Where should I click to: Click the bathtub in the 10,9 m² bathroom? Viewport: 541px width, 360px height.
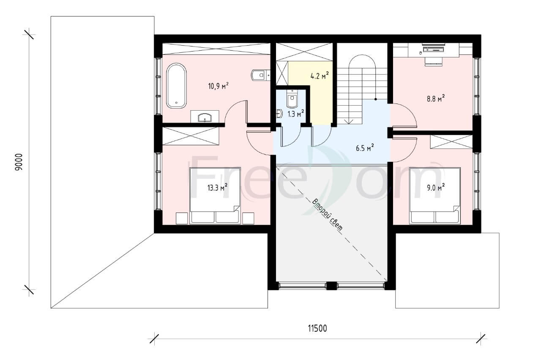click(176, 86)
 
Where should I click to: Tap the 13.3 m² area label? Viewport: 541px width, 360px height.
click(217, 187)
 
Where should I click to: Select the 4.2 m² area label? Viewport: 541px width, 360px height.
click(320, 76)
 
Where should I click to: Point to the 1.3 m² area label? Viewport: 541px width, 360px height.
click(295, 114)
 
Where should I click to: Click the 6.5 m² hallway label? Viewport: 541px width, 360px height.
click(365, 148)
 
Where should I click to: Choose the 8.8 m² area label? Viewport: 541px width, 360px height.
click(436, 98)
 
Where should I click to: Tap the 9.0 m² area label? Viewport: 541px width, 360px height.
click(436, 187)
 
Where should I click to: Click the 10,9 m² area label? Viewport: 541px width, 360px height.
click(219, 86)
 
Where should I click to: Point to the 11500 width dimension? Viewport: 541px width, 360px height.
click(317, 329)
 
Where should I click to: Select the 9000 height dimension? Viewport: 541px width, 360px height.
click(19, 162)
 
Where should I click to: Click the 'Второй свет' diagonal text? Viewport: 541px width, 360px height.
click(327, 215)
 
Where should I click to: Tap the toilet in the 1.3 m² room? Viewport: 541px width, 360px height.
click(292, 99)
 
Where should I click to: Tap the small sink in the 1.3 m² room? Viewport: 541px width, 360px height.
click(279, 114)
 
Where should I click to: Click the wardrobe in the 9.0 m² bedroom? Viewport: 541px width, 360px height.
click(451, 142)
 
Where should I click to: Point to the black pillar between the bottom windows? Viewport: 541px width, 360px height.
click(332, 286)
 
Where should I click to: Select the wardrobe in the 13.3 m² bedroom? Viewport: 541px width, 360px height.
click(191, 136)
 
